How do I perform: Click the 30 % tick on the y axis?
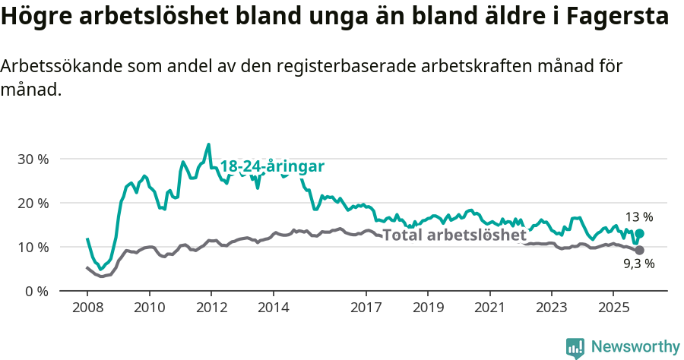pos(33,159)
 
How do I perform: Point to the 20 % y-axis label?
pos(33,204)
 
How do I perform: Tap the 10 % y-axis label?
pos(33,248)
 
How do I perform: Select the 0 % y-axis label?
pos(36,292)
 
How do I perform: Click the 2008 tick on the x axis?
pos(87,308)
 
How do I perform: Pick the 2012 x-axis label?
pos(211,308)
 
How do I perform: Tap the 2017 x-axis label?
pos(366,308)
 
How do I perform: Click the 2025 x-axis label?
pos(613,308)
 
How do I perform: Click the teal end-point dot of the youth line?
pos(639,234)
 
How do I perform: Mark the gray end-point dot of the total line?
pos(639,250)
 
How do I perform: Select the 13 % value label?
pos(639,217)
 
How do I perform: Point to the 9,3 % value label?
pos(639,264)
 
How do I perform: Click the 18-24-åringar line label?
pos(272,166)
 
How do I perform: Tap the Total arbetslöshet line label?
pos(454,235)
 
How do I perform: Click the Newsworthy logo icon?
pos(575,347)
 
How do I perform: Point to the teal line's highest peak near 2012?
pos(208,144)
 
